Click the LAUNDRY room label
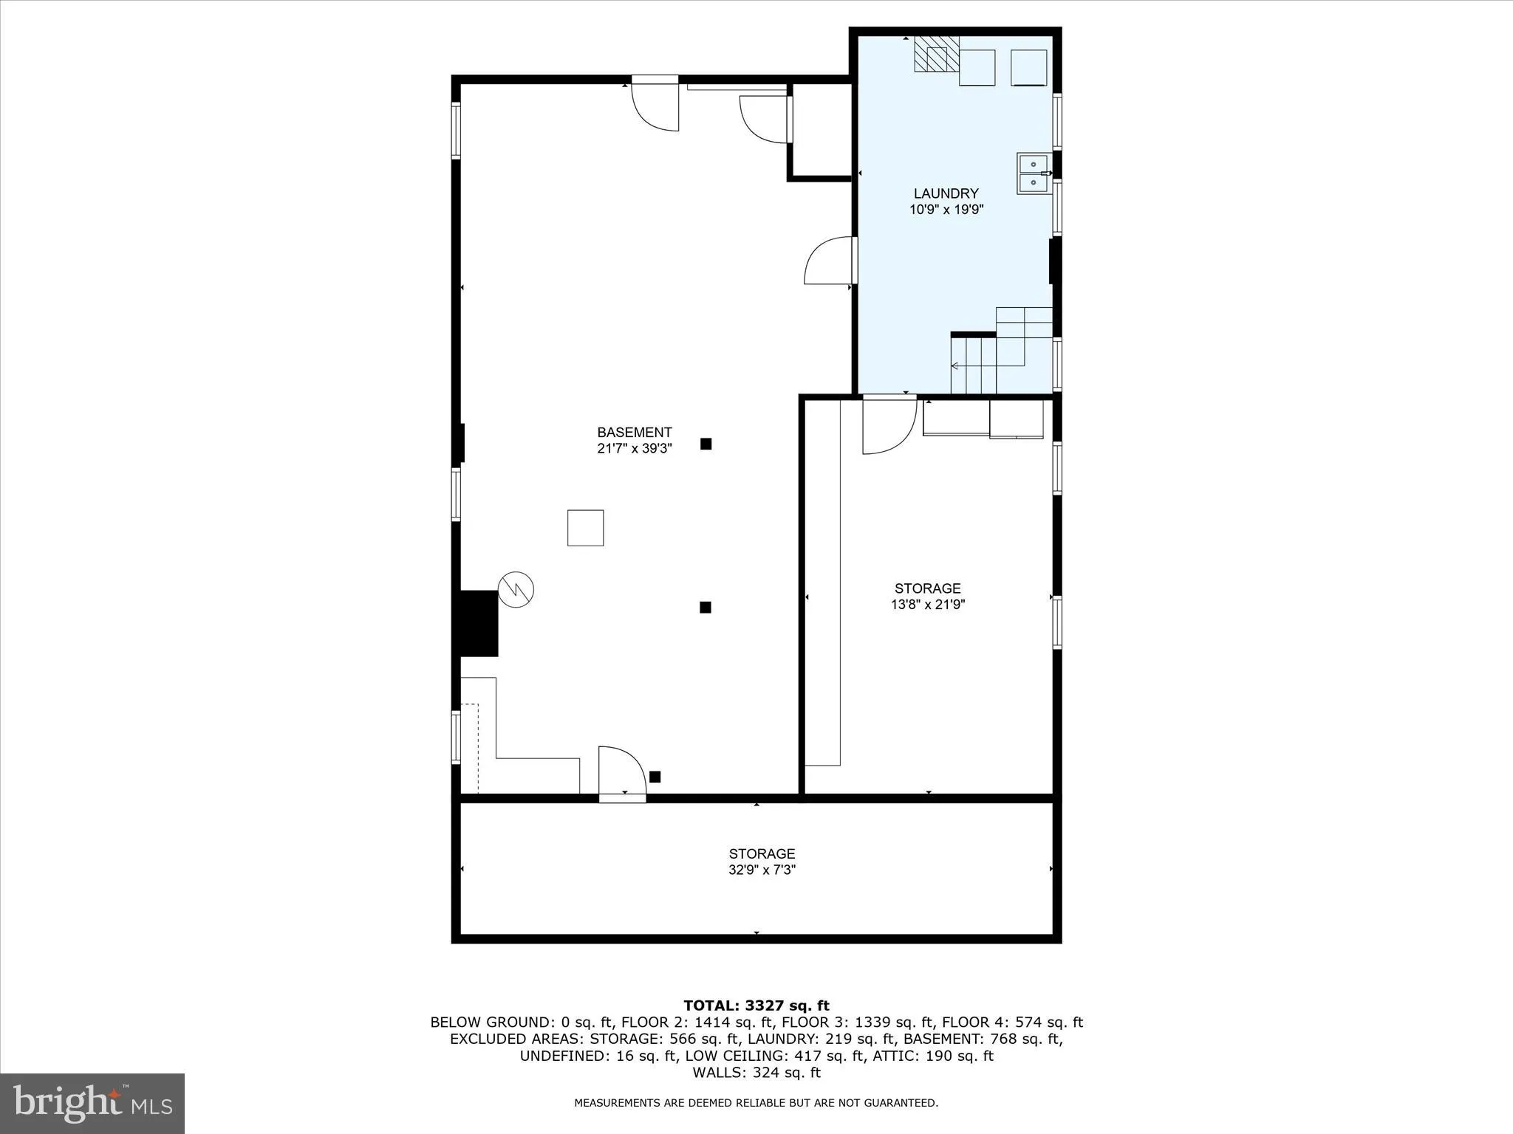click(x=946, y=193)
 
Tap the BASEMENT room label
click(x=634, y=433)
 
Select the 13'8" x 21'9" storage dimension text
click(x=928, y=605)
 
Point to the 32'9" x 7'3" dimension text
click(x=762, y=870)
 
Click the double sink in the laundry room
click(x=1033, y=173)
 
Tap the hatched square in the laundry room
click(x=936, y=54)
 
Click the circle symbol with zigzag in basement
click(x=516, y=589)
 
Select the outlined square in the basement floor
click(x=585, y=528)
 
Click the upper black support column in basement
click(x=706, y=444)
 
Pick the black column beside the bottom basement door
click(x=655, y=777)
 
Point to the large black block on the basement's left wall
click(x=479, y=623)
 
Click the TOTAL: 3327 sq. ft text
click(x=756, y=1006)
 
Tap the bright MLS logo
click(x=92, y=1103)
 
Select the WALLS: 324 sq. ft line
click(x=756, y=1073)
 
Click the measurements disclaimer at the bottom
click(x=756, y=1103)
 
